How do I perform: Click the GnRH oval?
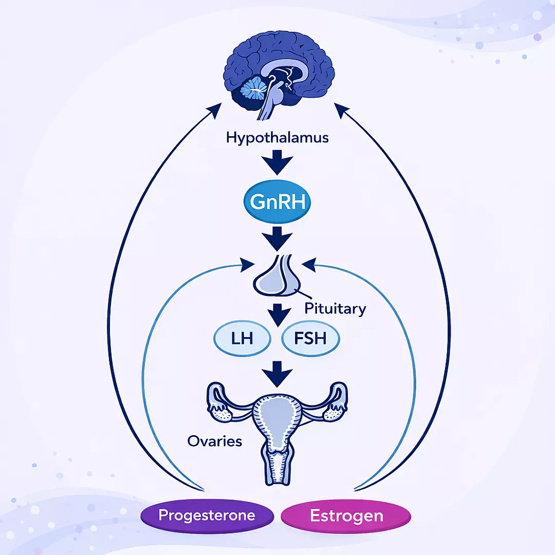(277, 201)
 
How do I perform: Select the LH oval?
(242, 338)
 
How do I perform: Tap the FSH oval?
(310, 338)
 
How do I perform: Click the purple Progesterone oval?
(207, 516)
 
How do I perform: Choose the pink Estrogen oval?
(346, 516)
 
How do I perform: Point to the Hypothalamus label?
(277, 138)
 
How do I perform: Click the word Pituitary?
(335, 309)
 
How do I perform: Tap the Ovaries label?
(214, 441)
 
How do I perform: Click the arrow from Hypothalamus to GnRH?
(277, 162)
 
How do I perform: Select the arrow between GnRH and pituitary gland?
(277, 239)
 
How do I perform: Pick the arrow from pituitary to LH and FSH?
(279, 315)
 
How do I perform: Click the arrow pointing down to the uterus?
(277, 374)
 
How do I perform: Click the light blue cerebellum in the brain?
(253, 89)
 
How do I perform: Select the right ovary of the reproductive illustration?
(334, 412)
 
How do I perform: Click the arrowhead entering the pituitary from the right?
(309, 265)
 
